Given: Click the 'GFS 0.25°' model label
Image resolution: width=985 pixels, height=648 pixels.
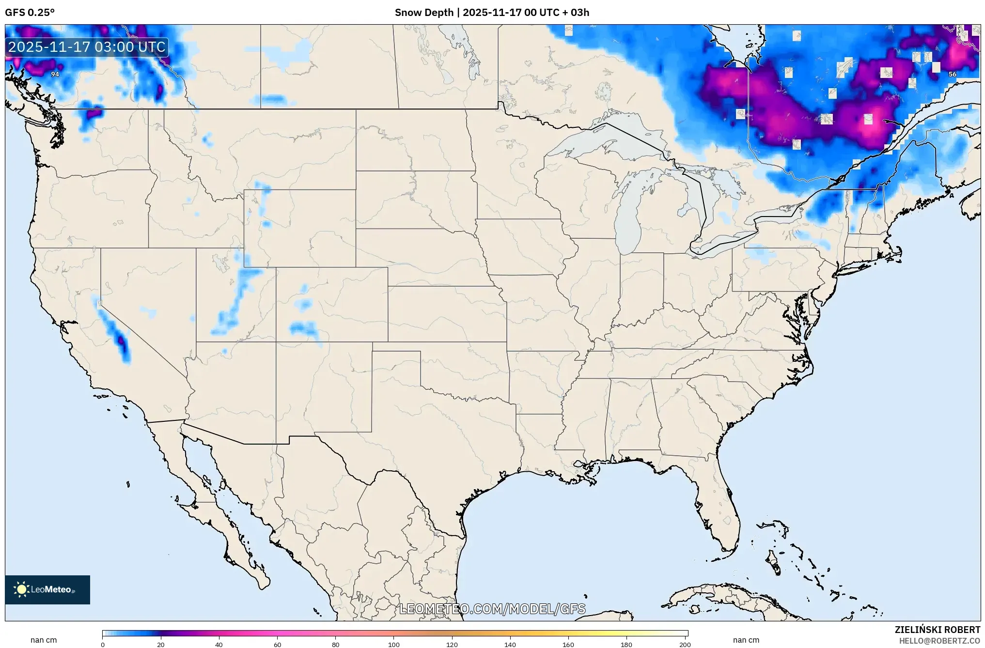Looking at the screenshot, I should click(30, 13).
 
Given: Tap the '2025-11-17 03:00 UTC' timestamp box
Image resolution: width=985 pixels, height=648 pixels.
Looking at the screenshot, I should click(87, 47).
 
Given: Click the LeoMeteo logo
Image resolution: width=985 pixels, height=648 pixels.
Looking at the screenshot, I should click(47, 589).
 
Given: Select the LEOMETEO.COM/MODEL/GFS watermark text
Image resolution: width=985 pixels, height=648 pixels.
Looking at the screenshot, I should click(492, 609).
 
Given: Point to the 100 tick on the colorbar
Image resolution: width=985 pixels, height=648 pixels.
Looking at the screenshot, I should click(394, 644).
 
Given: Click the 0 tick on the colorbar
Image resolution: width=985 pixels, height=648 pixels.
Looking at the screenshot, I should click(102, 644).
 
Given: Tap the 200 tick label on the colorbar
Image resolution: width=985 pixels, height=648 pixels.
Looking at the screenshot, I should click(685, 644).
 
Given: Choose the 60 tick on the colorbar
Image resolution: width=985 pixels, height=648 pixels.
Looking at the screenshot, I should click(277, 644).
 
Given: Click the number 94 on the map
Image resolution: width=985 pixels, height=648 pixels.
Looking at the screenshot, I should click(55, 74).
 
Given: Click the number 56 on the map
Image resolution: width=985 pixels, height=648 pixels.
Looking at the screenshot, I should click(952, 74).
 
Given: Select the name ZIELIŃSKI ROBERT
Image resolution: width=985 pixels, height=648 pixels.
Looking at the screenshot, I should click(937, 630).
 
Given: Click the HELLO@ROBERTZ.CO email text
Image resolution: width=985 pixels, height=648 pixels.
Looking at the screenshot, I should click(939, 641).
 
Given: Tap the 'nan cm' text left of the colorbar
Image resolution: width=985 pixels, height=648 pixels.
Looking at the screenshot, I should click(44, 640).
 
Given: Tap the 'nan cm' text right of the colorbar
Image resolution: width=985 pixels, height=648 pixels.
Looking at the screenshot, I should click(746, 640).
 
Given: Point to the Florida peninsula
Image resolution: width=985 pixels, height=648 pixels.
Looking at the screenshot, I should click(717, 504).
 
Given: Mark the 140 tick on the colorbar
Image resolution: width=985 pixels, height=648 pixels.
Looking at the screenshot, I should click(510, 644).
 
